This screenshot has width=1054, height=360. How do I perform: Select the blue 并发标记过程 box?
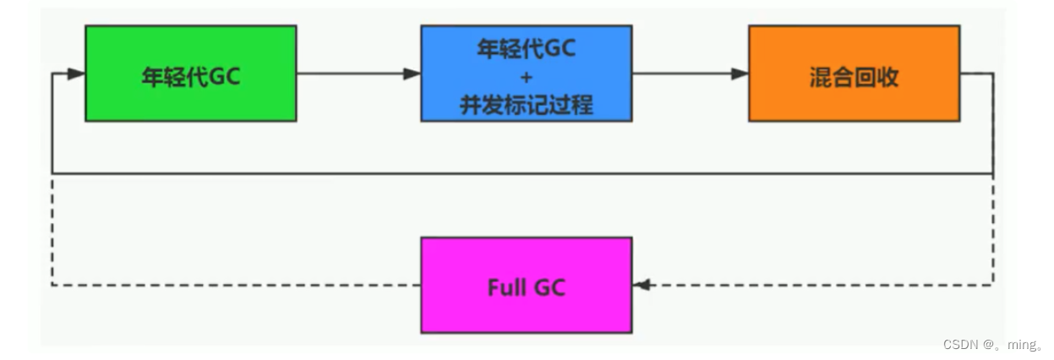526,73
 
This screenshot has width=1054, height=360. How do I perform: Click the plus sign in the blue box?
526,77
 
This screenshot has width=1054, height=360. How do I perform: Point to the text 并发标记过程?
526,105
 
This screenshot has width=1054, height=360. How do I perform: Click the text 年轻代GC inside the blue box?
526,49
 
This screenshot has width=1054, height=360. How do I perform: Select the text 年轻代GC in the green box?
190,77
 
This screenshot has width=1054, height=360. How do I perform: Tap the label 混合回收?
854,77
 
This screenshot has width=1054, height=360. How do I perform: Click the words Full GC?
526,287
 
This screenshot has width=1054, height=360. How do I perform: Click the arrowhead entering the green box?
77,74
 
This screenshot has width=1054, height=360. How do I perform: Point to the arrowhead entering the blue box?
412,74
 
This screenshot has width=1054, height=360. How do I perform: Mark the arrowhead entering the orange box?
740,74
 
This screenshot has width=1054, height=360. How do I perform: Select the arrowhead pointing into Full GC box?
642,285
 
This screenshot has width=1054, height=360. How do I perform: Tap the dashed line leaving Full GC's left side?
237,285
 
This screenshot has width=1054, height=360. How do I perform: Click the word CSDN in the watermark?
960,345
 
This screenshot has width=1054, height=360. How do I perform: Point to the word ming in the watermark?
1018,345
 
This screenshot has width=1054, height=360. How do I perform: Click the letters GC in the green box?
224,77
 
